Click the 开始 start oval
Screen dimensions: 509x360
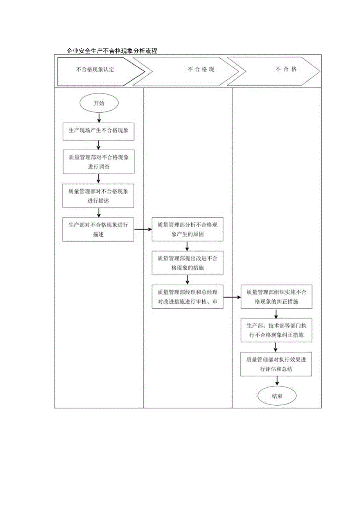[99, 104]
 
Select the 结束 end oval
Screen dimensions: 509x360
[277, 396]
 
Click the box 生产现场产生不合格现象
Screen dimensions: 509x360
[99, 131]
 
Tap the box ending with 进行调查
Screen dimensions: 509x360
[99, 162]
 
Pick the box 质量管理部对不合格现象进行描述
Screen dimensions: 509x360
[99, 196]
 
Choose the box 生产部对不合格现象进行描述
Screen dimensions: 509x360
[99, 230]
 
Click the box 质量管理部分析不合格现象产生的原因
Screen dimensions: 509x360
[188, 230]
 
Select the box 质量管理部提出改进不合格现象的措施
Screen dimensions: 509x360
[188, 263]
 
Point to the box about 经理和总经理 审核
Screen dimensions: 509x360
[188, 297]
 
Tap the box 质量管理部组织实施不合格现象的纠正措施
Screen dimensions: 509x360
[277, 297]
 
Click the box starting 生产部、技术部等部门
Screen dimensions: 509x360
[277, 331]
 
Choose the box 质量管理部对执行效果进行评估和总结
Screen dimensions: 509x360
[277, 364]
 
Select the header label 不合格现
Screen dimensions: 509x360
[201, 70]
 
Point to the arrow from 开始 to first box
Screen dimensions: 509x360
[99, 117]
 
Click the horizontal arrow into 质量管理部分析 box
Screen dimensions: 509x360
[143, 230]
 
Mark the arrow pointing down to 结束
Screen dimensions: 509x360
[277, 381]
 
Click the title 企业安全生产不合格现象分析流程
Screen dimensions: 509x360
[112, 51]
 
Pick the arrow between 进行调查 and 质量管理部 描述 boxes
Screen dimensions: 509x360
[99, 179]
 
